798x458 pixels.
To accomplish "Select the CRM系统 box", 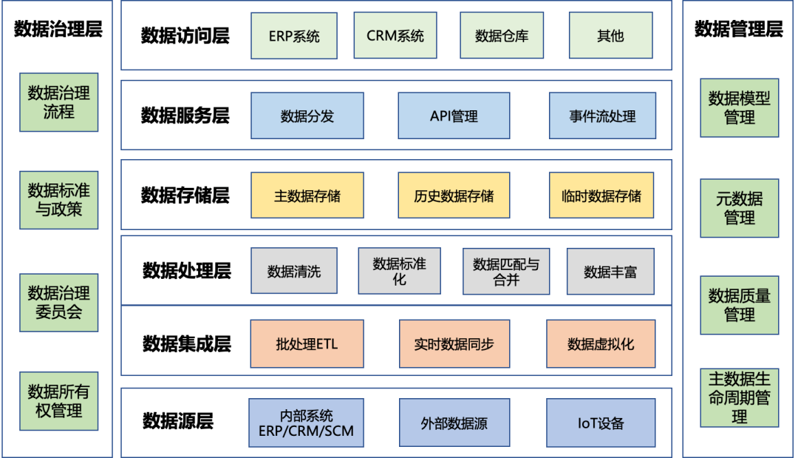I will point(395,36).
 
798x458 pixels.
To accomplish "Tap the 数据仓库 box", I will point(502,36).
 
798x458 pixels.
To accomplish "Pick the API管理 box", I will point(454,115).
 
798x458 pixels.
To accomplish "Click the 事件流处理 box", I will point(602,115).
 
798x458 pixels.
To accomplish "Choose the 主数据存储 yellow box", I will point(307,195).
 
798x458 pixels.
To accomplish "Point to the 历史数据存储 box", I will point(454,195).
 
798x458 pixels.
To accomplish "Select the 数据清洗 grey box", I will point(294,271).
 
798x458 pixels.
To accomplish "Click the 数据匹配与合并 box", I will point(506,271).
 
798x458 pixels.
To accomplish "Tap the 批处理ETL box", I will point(307,344).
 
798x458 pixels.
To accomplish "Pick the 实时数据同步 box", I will point(454,344).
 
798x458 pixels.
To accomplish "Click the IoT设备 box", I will point(601,423).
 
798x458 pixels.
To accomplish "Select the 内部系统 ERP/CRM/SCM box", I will point(306,423).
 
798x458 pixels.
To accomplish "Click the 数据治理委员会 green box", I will point(59,302).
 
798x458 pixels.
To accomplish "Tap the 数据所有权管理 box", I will point(59,401).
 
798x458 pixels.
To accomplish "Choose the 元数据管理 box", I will point(739,208).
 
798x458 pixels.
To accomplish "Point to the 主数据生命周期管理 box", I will point(739,398).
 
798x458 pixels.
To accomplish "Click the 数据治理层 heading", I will point(58,30).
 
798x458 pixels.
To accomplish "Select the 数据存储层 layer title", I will point(185,195).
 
